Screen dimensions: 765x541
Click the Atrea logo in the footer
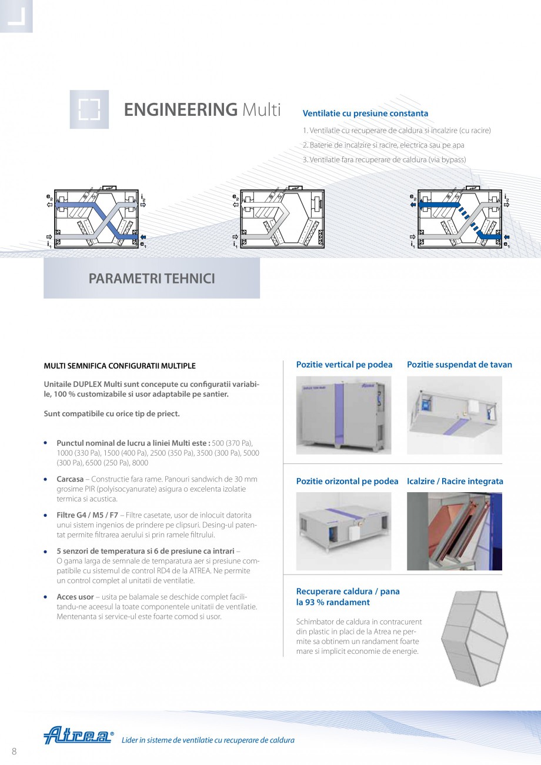(x=78, y=736)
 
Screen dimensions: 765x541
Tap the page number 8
(x=14, y=750)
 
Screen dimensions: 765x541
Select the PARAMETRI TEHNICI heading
(x=152, y=279)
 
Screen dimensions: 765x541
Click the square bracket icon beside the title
(x=89, y=109)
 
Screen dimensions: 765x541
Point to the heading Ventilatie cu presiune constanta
(x=365, y=113)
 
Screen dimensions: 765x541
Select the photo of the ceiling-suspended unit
(x=454, y=415)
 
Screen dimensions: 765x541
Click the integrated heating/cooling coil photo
(x=454, y=531)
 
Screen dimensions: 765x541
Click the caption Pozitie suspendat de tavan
(x=459, y=365)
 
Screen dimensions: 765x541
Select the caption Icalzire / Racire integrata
(x=455, y=481)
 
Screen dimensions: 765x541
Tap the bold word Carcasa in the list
(x=70, y=479)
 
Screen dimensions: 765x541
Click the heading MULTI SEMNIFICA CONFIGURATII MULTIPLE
(x=120, y=366)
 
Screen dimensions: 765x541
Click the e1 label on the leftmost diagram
(x=143, y=243)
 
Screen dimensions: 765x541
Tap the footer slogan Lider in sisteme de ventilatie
(x=208, y=740)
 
